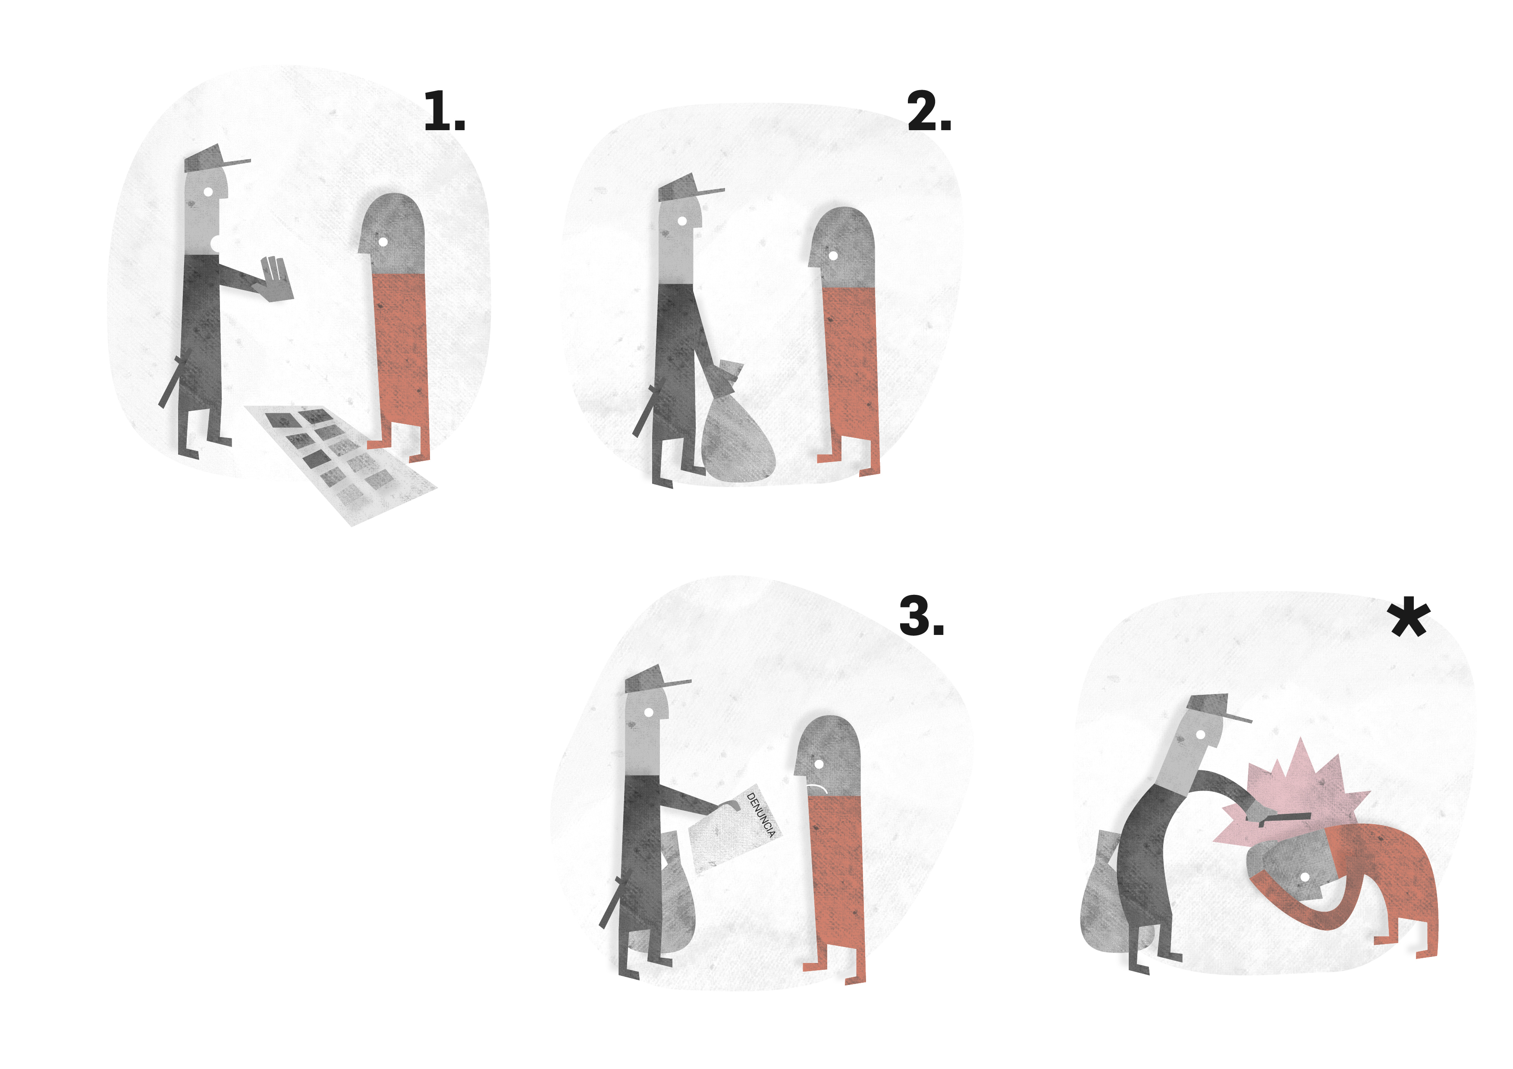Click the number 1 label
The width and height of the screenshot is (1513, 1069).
444,111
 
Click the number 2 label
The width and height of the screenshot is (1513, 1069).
929,111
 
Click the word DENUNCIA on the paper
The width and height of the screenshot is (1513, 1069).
761,815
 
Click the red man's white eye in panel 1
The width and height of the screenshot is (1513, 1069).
383,242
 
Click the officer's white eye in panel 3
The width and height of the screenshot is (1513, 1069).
648,713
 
